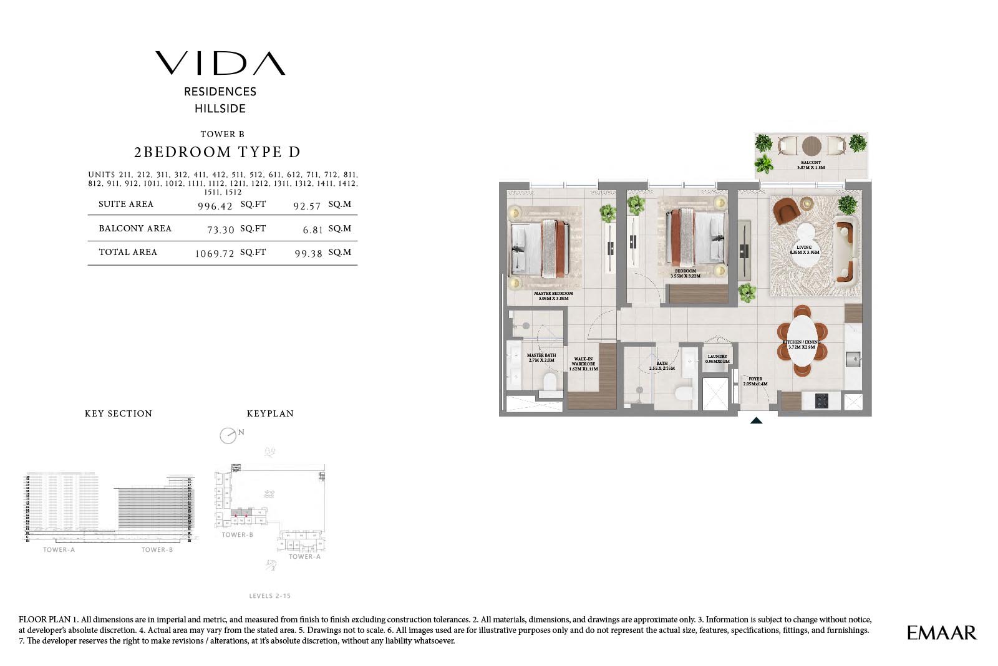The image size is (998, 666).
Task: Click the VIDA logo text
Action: (x=220, y=63)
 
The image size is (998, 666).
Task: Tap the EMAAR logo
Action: (x=941, y=632)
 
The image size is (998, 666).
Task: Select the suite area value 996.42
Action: (x=215, y=206)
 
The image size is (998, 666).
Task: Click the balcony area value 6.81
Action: (x=312, y=229)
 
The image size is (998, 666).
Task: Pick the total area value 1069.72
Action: (x=214, y=253)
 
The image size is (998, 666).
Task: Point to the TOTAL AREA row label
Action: (x=128, y=252)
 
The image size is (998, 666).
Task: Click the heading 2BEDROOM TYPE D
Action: (x=217, y=152)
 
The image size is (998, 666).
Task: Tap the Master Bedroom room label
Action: (x=553, y=296)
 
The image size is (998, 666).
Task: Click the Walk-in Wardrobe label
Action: (x=583, y=364)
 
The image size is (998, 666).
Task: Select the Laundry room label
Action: (x=717, y=359)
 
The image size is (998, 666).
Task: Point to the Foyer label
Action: (x=755, y=381)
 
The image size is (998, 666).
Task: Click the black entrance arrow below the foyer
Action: (x=756, y=421)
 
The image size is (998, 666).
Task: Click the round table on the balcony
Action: (x=811, y=146)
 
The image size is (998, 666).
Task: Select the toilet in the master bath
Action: (x=550, y=384)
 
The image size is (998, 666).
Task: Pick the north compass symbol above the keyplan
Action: (x=228, y=435)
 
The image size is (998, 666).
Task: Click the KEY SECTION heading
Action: (x=119, y=413)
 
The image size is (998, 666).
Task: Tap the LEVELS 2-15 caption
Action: (x=269, y=596)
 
